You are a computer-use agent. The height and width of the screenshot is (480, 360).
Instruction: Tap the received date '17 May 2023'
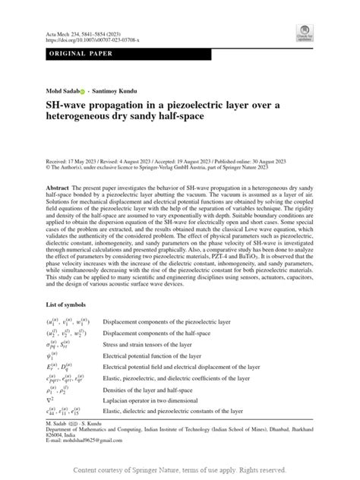pos(88,161)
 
